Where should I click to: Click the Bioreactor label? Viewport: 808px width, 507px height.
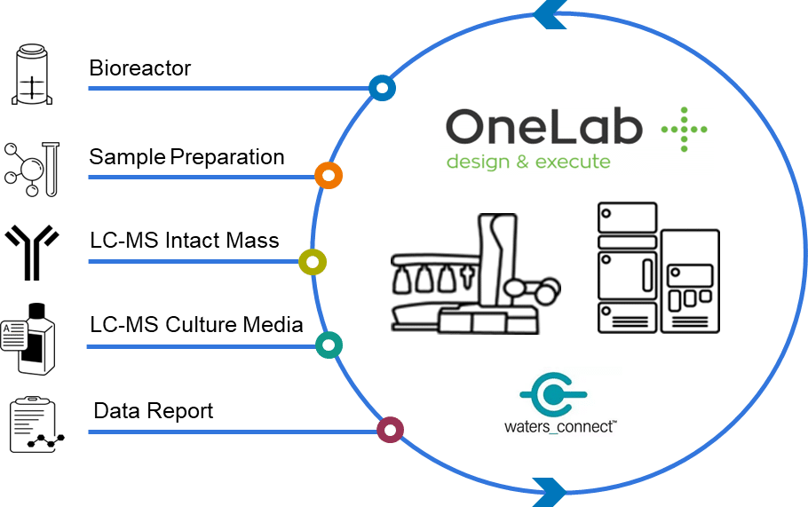click(x=139, y=68)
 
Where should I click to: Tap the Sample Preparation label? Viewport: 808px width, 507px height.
click(x=186, y=157)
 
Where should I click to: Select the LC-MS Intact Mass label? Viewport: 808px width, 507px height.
click(x=184, y=240)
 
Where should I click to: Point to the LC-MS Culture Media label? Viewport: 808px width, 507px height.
click(x=195, y=324)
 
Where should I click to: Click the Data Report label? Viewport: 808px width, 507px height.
click(x=153, y=411)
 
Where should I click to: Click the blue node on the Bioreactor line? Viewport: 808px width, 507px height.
click(x=382, y=88)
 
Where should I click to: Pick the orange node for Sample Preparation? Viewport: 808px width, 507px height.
click(x=328, y=176)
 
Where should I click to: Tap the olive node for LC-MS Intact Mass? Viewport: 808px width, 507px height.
click(x=313, y=262)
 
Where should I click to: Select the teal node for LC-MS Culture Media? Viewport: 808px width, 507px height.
click(x=329, y=345)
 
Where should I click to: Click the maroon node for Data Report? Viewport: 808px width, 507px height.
click(x=389, y=431)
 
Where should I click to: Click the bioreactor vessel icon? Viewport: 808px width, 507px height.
click(x=33, y=75)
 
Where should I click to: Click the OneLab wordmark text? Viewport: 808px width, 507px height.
click(x=543, y=129)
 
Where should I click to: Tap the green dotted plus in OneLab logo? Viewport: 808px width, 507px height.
click(x=685, y=130)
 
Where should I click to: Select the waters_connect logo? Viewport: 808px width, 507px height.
click(x=560, y=403)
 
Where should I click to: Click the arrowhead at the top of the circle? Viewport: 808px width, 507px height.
click(x=545, y=12)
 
